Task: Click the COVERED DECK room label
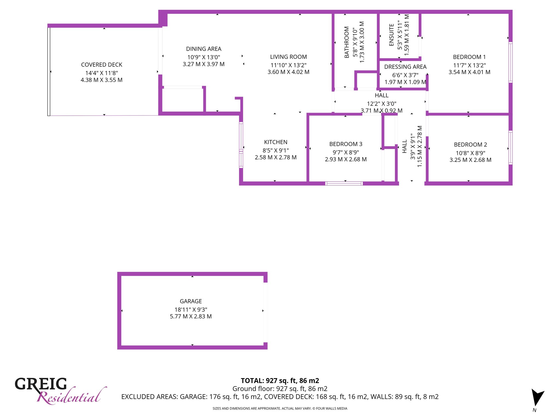coord(101,65)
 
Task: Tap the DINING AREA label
coord(204,49)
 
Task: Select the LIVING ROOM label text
coord(288,57)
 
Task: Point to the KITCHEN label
coord(276,142)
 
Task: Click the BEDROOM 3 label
coord(346,144)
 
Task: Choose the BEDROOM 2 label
coord(470,145)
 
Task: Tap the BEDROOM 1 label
coord(469,57)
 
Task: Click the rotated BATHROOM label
coord(347,42)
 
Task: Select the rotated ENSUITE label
coord(391,35)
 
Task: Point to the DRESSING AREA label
coord(405,67)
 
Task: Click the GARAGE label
coord(191,301)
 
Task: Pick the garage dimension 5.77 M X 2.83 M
coord(191,316)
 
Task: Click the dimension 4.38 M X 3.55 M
coord(101,80)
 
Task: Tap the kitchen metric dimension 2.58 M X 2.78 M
coord(276,157)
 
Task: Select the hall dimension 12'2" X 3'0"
coord(381,104)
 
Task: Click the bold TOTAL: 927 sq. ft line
coord(280,381)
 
